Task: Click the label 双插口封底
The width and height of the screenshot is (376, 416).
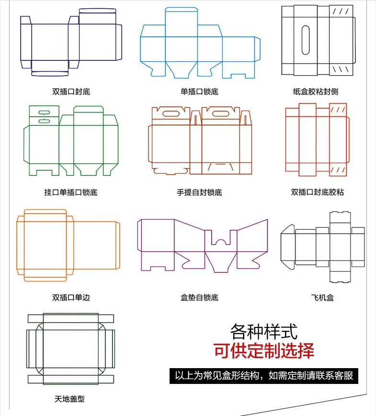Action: coord(71,91)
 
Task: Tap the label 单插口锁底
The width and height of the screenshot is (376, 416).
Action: coord(199,91)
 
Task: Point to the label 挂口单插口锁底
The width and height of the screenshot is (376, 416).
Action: coord(71,192)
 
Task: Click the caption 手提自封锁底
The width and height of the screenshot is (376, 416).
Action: coord(199,192)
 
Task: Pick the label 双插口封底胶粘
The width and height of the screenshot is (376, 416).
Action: coord(317,192)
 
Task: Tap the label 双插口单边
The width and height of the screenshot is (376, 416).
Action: coord(71,297)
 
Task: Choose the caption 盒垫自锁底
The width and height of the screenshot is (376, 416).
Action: coord(199,297)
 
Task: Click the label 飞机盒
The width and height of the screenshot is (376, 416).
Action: coord(322,297)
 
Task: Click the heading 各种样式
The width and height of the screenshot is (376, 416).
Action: coord(263,331)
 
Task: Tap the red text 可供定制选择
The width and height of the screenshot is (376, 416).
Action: coord(263,351)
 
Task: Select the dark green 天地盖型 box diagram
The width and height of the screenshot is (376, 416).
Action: coord(70,349)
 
